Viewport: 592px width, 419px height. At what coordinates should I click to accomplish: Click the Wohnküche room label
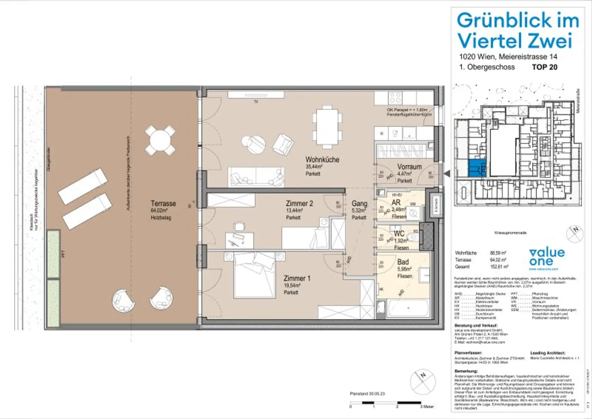[322, 160]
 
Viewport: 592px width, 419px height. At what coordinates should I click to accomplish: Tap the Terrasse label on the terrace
[163, 204]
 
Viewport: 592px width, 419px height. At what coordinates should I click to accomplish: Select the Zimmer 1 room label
[297, 278]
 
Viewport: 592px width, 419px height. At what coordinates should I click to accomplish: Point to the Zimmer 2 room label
[299, 203]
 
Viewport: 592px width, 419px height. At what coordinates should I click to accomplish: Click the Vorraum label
[409, 167]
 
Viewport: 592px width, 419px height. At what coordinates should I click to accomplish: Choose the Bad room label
[403, 262]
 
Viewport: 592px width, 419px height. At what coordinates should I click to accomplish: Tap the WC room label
[399, 234]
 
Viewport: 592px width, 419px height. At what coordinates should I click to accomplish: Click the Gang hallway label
[359, 204]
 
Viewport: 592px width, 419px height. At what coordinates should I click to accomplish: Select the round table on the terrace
[160, 140]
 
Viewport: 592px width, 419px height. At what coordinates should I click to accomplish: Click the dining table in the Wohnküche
[327, 126]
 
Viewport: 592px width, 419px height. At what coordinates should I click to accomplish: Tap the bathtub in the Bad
[408, 308]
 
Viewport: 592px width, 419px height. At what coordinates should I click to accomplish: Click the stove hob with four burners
[395, 98]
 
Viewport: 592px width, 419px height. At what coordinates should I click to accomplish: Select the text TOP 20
[544, 67]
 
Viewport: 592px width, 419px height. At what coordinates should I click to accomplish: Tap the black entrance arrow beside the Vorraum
[447, 174]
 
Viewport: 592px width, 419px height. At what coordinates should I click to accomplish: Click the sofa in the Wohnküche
[256, 177]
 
